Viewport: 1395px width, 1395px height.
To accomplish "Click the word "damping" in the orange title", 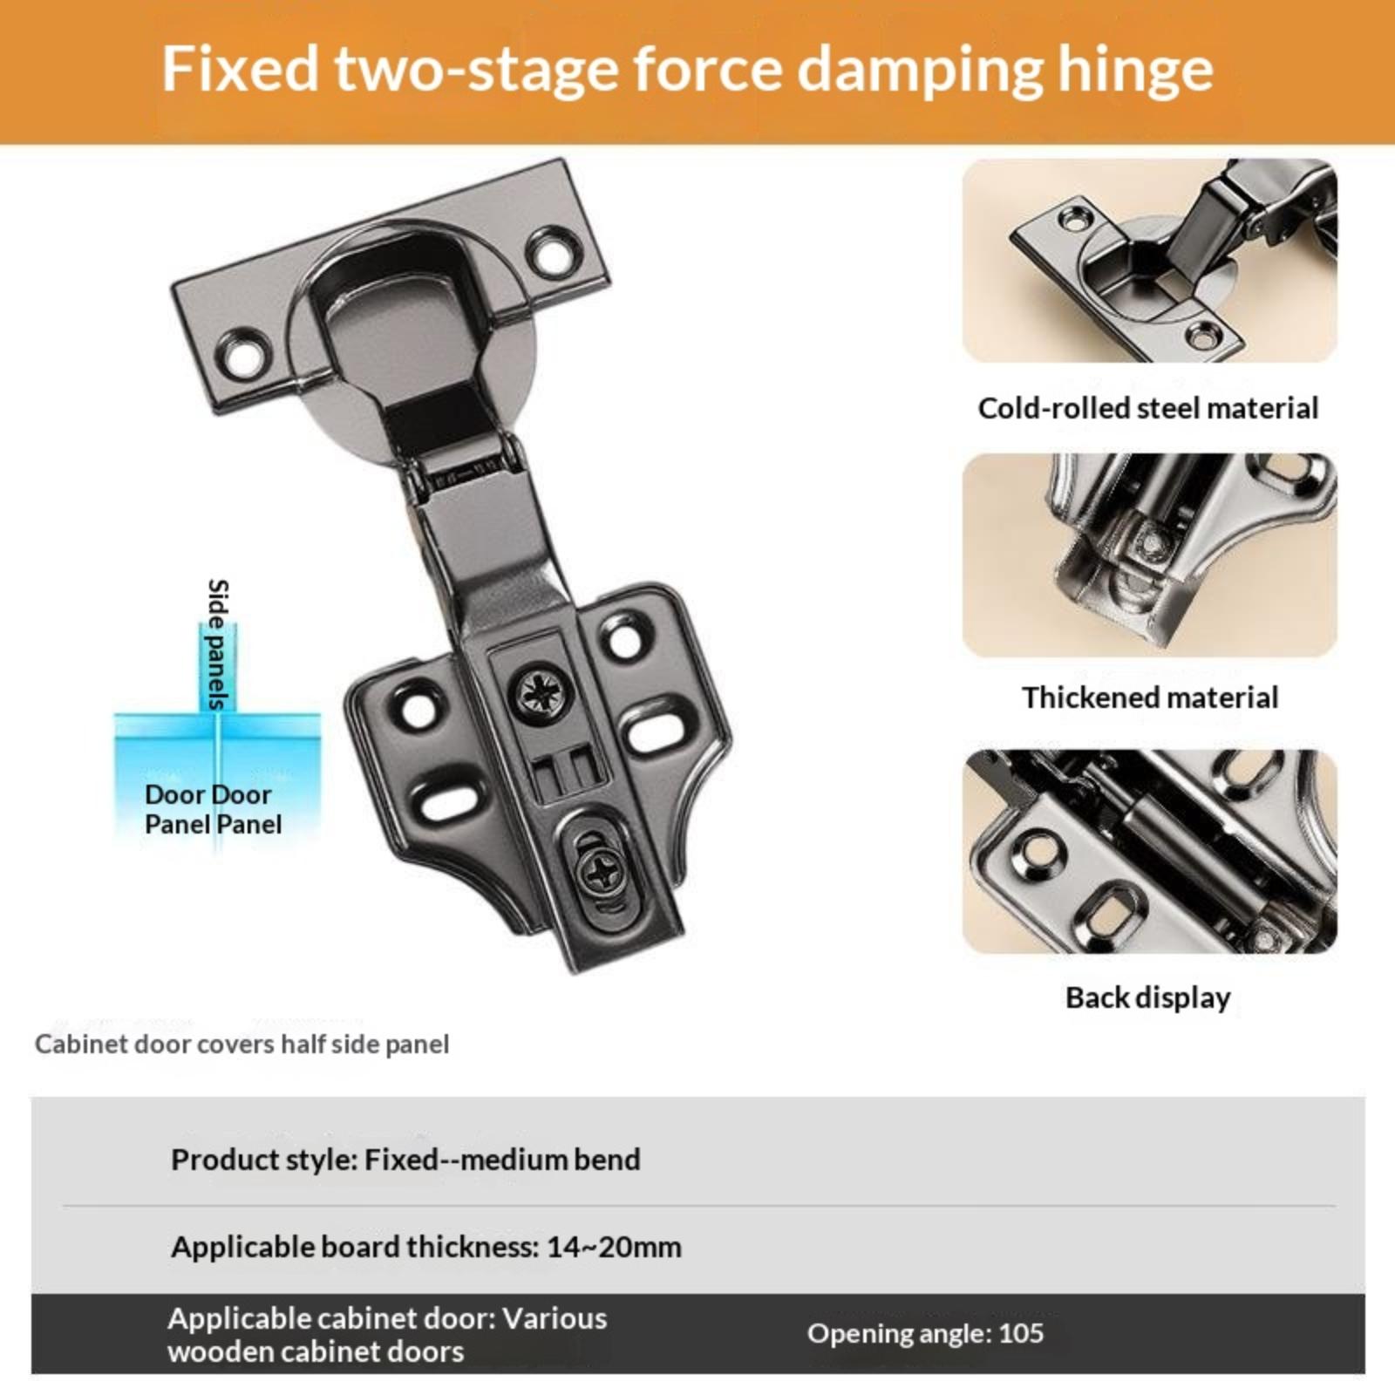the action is pyautogui.click(x=920, y=70).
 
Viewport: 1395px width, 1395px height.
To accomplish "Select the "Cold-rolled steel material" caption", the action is pyautogui.click(x=1148, y=408).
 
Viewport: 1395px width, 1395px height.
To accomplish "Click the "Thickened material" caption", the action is pyautogui.click(x=1150, y=697).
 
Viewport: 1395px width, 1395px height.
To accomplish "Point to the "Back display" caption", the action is pyautogui.click(x=1148, y=997).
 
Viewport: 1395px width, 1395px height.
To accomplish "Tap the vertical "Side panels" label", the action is pyautogui.click(x=218, y=644).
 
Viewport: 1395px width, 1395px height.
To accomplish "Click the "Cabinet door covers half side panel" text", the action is pyautogui.click(x=242, y=1045).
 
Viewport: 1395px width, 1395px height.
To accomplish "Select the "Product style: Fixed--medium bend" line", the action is pyautogui.click(x=405, y=1160).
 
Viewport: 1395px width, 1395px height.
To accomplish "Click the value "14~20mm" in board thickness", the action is pyautogui.click(x=614, y=1247).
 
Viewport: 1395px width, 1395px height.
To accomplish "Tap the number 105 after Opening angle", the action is pyautogui.click(x=1021, y=1333).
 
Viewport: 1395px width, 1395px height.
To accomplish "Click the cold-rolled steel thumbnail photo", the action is pyautogui.click(x=1150, y=261).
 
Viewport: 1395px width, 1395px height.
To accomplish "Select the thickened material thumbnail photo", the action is pyautogui.click(x=1150, y=555).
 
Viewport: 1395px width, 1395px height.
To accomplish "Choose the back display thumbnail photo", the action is pyautogui.click(x=1150, y=852).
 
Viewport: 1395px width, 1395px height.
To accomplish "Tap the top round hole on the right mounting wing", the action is pyautogui.click(x=624, y=639).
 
